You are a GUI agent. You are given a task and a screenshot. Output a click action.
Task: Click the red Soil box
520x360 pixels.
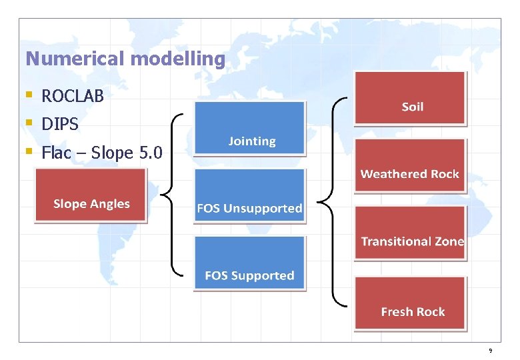tap(410, 98)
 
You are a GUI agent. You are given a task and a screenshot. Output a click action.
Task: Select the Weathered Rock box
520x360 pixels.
tap(410, 165)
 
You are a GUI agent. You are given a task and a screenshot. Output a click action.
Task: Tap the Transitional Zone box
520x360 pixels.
tap(410, 233)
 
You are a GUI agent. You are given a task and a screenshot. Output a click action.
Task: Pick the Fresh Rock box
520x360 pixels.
tap(410, 303)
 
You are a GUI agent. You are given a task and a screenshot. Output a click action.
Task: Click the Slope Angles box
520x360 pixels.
tap(91, 195)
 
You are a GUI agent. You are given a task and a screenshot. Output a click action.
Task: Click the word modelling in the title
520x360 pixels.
tap(178, 59)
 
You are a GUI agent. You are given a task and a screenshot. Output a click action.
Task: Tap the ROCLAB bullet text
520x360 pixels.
tap(73, 96)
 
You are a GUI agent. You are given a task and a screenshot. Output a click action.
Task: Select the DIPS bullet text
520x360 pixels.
tap(60, 124)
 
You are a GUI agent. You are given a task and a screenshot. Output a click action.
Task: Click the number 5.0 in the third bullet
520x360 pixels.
tap(153, 153)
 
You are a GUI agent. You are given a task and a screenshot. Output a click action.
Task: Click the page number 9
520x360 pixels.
tap(490, 351)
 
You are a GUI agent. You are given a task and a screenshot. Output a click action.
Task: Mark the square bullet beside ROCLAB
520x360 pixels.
tap(28, 96)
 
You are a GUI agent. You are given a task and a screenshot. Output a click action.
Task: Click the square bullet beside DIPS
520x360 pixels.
tap(28, 124)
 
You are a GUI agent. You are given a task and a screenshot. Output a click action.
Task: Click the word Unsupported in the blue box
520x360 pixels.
tap(262, 209)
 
